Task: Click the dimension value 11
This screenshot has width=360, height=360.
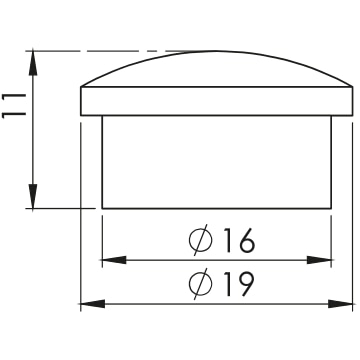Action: coord(14,106)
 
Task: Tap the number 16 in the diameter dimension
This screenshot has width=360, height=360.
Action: coord(239,241)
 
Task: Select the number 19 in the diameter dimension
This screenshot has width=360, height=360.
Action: coord(239,284)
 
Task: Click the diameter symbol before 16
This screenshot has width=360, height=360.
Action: coord(200,240)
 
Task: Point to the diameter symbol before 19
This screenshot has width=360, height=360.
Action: coord(200,284)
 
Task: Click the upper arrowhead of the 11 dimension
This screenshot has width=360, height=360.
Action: coord(33,63)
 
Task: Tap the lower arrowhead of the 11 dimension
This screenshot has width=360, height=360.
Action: coord(33,197)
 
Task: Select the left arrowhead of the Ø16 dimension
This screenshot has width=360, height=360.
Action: coord(114,260)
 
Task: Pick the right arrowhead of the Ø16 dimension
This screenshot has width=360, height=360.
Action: coord(319,260)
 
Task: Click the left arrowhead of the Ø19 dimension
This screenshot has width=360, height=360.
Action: coord(93,304)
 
